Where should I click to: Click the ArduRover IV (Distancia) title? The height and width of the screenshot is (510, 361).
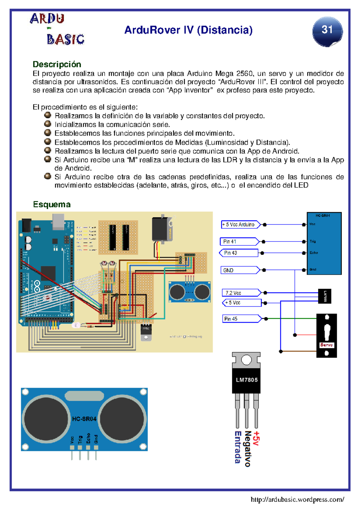coord(188,30)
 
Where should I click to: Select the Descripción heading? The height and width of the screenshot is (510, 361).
coord(57,64)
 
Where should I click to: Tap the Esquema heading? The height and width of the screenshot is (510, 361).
coord(52,205)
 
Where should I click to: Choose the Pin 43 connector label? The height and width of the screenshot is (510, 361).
coord(239,253)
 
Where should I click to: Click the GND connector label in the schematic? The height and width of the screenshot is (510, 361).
coord(240,270)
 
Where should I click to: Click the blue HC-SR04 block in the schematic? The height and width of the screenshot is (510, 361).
coord(324,243)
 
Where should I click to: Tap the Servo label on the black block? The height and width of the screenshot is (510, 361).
coord(326,345)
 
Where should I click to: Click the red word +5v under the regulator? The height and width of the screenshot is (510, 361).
coord(256,438)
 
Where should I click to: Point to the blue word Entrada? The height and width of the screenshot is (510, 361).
coord(238,447)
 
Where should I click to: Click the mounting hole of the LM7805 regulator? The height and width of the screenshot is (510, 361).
coord(246,360)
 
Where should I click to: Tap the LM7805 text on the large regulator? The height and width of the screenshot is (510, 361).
coord(247,380)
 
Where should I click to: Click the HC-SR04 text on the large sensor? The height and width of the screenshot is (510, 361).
coord(84,419)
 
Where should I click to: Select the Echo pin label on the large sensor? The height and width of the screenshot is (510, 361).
coord(88,438)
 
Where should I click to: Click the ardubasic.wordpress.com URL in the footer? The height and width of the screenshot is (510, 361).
coord(297,499)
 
